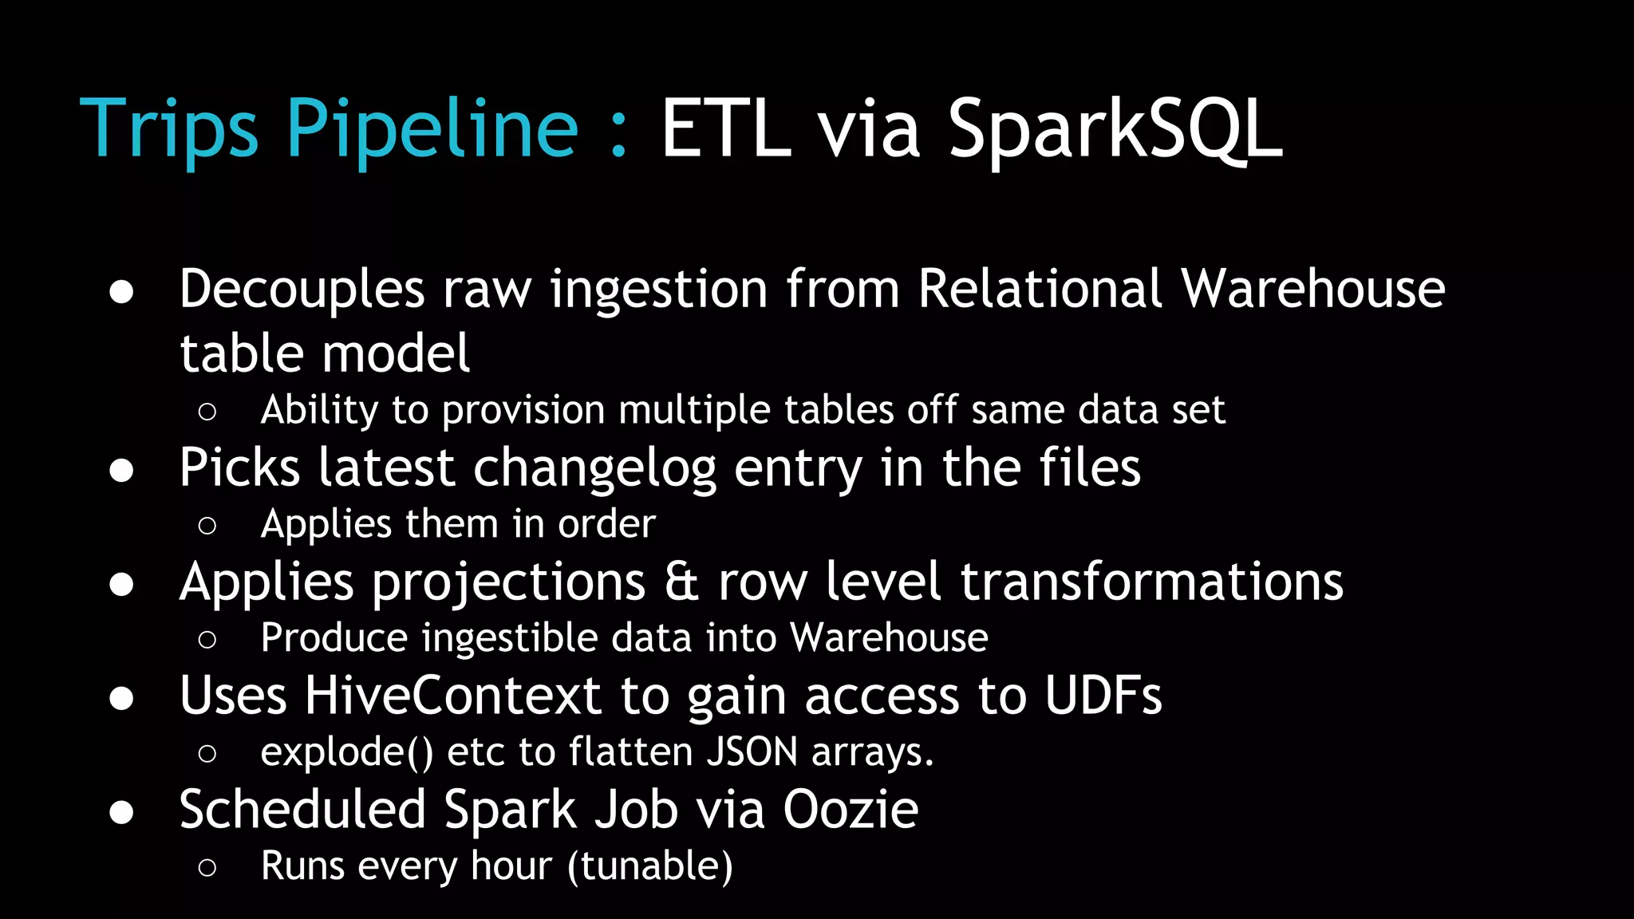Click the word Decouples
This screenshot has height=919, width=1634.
302,289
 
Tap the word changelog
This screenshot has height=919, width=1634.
594,468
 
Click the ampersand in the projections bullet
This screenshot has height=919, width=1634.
682,582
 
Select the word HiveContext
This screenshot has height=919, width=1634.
452,696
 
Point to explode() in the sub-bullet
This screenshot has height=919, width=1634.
347,752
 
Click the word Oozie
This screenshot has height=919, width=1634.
851,810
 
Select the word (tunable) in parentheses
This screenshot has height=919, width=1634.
650,866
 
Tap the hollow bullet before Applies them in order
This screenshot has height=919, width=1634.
207,526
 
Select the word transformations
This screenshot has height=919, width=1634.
1151,582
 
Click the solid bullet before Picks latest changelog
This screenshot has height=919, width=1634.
121,471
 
